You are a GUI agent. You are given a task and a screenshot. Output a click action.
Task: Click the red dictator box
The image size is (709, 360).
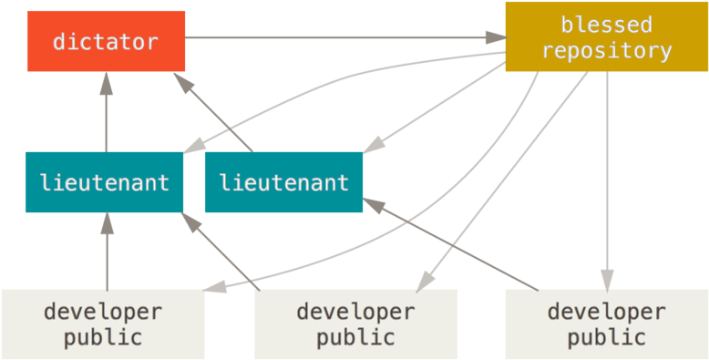106,41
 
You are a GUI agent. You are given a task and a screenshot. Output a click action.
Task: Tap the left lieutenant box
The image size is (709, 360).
104,182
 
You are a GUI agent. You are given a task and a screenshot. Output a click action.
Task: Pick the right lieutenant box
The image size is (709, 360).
283,182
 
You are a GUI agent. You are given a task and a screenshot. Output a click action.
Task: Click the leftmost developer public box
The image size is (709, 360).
102,324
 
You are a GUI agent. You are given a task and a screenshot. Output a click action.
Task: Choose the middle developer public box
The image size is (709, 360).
355,324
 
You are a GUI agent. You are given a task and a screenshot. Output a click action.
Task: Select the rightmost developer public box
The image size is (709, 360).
606,324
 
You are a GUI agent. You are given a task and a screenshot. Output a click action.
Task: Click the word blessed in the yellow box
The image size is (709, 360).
606,25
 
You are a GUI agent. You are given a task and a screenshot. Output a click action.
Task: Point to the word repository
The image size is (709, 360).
606,51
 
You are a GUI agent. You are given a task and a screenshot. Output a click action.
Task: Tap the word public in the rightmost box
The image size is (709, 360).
606,338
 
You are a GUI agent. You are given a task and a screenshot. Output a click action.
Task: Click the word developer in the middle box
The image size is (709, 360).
355,312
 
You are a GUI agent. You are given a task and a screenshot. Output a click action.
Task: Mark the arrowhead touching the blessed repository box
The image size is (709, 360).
497,38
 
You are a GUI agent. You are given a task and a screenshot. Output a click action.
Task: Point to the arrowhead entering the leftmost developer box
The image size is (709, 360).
215,288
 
